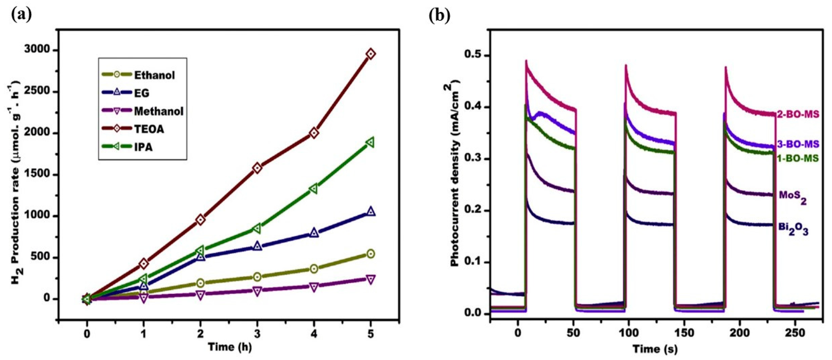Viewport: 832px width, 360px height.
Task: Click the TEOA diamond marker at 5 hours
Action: [371, 54]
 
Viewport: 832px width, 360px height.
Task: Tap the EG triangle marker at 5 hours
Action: [371, 212]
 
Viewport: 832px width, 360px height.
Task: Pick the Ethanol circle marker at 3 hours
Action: [257, 277]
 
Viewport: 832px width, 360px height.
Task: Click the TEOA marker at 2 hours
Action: [201, 220]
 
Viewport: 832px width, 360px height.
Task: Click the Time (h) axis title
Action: [230, 347]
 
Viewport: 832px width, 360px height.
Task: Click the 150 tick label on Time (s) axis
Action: [684, 334]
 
